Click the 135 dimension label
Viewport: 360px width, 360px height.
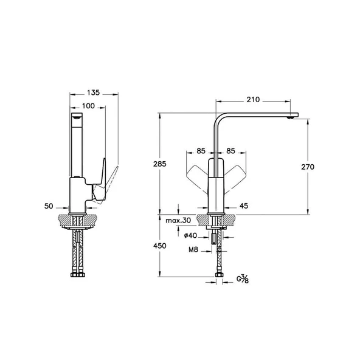pyautogui.click(x=94, y=92)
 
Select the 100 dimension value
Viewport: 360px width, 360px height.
pyautogui.click(x=88, y=106)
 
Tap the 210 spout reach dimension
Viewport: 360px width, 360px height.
pyautogui.click(x=253, y=100)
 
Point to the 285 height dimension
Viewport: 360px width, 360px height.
pyautogui.click(x=160, y=164)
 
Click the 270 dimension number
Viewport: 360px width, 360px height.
pyautogui.click(x=308, y=167)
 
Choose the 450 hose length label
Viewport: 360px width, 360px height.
pyautogui.click(x=160, y=246)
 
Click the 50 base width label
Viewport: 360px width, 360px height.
pyautogui.click(x=49, y=206)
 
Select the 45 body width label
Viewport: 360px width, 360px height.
pyautogui.click(x=244, y=206)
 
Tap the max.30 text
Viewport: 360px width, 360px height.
pyautogui.click(x=178, y=221)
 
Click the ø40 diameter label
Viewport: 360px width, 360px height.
pyautogui.click(x=190, y=235)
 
